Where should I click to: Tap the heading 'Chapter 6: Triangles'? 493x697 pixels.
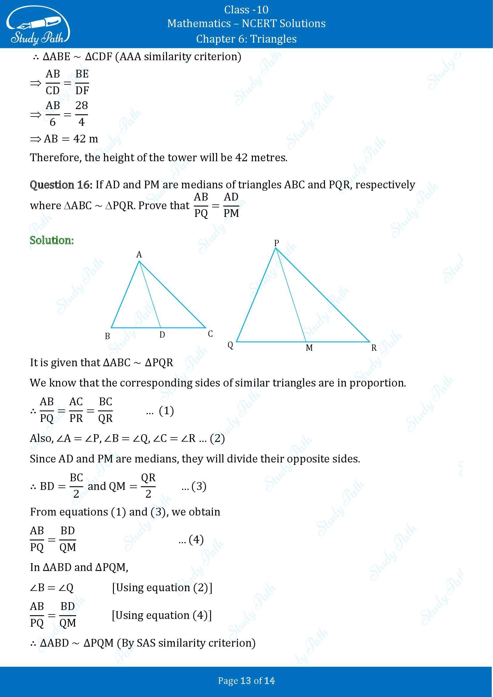pyautogui.click(x=246, y=39)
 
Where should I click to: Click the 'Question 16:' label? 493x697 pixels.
pyautogui.click(x=61, y=184)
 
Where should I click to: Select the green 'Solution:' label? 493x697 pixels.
pyautogui.click(x=52, y=240)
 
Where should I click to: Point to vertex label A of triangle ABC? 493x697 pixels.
pyautogui.click(x=139, y=254)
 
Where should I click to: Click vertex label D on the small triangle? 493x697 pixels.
pyautogui.click(x=162, y=335)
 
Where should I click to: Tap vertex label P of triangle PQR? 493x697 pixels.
pyautogui.click(x=276, y=243)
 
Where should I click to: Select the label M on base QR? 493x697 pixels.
pyautogui.click(x=309, y=348)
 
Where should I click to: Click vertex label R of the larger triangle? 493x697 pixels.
pyautogui.click(x=374, y=348)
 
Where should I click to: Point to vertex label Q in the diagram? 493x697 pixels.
pyautogui.click(x=230, y=345)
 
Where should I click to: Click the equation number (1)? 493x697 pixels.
pyautogui.click(x=166, y=411)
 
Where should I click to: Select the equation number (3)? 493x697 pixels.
pyautogui.click(x=199, y=486)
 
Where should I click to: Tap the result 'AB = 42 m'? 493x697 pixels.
pyautogui.click(x=71, y=139)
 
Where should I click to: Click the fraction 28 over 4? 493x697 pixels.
pyautogui.click(x=81, y=114)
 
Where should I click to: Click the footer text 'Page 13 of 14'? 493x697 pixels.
pyautogui.click(x=246, y=681)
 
